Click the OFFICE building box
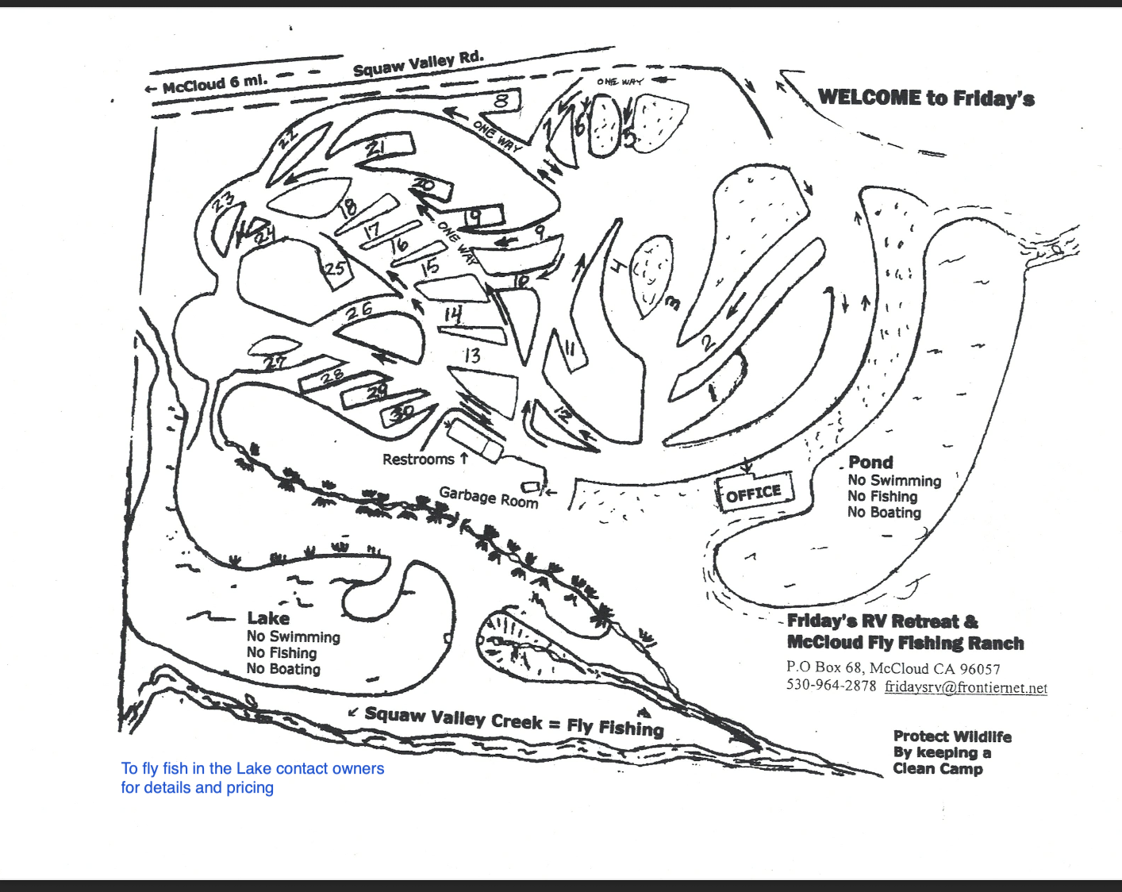[x=754, y=494]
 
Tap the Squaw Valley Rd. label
[x=418, y=63]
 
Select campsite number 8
[x=501, y=101]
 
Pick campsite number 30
[x=402, y=412]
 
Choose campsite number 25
[x=336, y=267]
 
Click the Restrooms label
[x=418, y=459]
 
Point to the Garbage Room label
[x=488, y=497]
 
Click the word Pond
[x=870, y=462]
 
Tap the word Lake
[x=268, y=618]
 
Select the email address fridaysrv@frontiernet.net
[x=966, y=687]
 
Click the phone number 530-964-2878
[x=831, y=686]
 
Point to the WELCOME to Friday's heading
[x=926, y=98]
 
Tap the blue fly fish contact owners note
[x=252, y=778]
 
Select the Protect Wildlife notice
[x=951, y=752]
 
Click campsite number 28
[x=332, y=377]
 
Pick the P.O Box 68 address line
[x=893, y=668]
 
